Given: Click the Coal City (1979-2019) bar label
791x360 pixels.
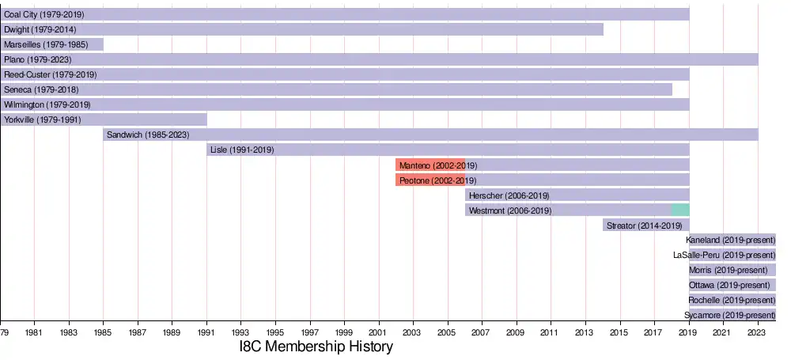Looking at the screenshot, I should [x=44, y=14].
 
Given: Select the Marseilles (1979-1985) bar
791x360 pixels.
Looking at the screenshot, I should [x=51, y=44].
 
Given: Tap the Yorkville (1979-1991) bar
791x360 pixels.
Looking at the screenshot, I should [x=103, y=119].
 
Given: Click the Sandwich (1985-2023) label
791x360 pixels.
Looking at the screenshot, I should [x=148, y=135].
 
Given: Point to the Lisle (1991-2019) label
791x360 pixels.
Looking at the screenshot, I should [x=242, y=150].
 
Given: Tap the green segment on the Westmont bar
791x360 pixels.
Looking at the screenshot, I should [x=680, y=210].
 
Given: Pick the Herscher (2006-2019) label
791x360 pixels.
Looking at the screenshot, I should [x=509, y=195].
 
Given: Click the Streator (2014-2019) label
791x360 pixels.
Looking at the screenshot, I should [x=644, y=225].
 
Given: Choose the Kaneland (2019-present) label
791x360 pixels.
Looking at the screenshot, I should [x=731, y=240].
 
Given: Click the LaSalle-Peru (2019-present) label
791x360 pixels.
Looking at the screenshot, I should [x=724, y=255].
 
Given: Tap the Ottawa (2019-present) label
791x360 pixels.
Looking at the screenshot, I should [x=729, y=285].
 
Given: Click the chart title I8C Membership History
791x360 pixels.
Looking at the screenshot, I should [x=316, y=347].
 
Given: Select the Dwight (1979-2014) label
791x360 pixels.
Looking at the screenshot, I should [x=40, y=29].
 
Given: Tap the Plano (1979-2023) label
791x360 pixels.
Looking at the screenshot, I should [x=39, y=59].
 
